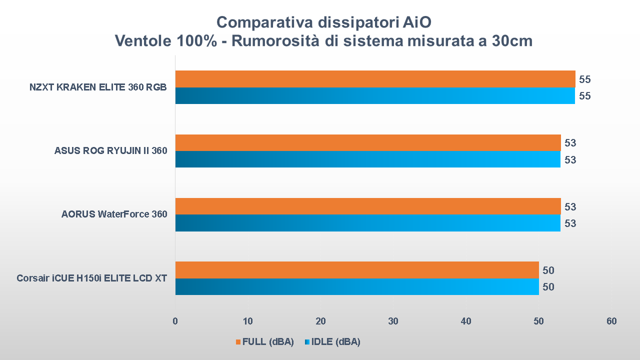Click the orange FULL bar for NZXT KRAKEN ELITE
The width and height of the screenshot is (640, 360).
(375, 79)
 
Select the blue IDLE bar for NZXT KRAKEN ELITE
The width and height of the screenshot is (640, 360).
(375, 95)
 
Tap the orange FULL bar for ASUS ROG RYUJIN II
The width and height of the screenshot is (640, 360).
(368, 142)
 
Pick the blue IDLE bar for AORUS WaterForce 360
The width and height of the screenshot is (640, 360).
(368, 223)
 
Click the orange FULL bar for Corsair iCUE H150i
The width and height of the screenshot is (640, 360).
(357, 270)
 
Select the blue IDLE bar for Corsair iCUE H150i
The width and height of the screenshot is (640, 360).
(357, 286)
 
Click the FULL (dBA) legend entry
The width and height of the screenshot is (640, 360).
(264, 342)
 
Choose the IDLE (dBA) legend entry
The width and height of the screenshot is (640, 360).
(332, 342)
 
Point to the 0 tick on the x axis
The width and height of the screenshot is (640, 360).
(175, 321)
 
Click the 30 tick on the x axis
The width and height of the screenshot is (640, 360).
(393, 321)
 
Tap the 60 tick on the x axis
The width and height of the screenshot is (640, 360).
(611, 321)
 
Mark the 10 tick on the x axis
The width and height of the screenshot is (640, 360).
(248, 321)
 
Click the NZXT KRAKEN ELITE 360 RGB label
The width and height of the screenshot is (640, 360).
(98, 87)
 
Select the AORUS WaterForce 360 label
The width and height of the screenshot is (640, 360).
(114, 214)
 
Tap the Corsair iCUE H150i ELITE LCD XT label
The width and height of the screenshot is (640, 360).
(91, 278)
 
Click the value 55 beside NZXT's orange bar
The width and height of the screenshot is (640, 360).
(585, 79)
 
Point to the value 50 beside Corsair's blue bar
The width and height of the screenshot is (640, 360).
(548, 286)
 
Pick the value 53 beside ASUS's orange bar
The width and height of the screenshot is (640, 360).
(570, 143)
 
